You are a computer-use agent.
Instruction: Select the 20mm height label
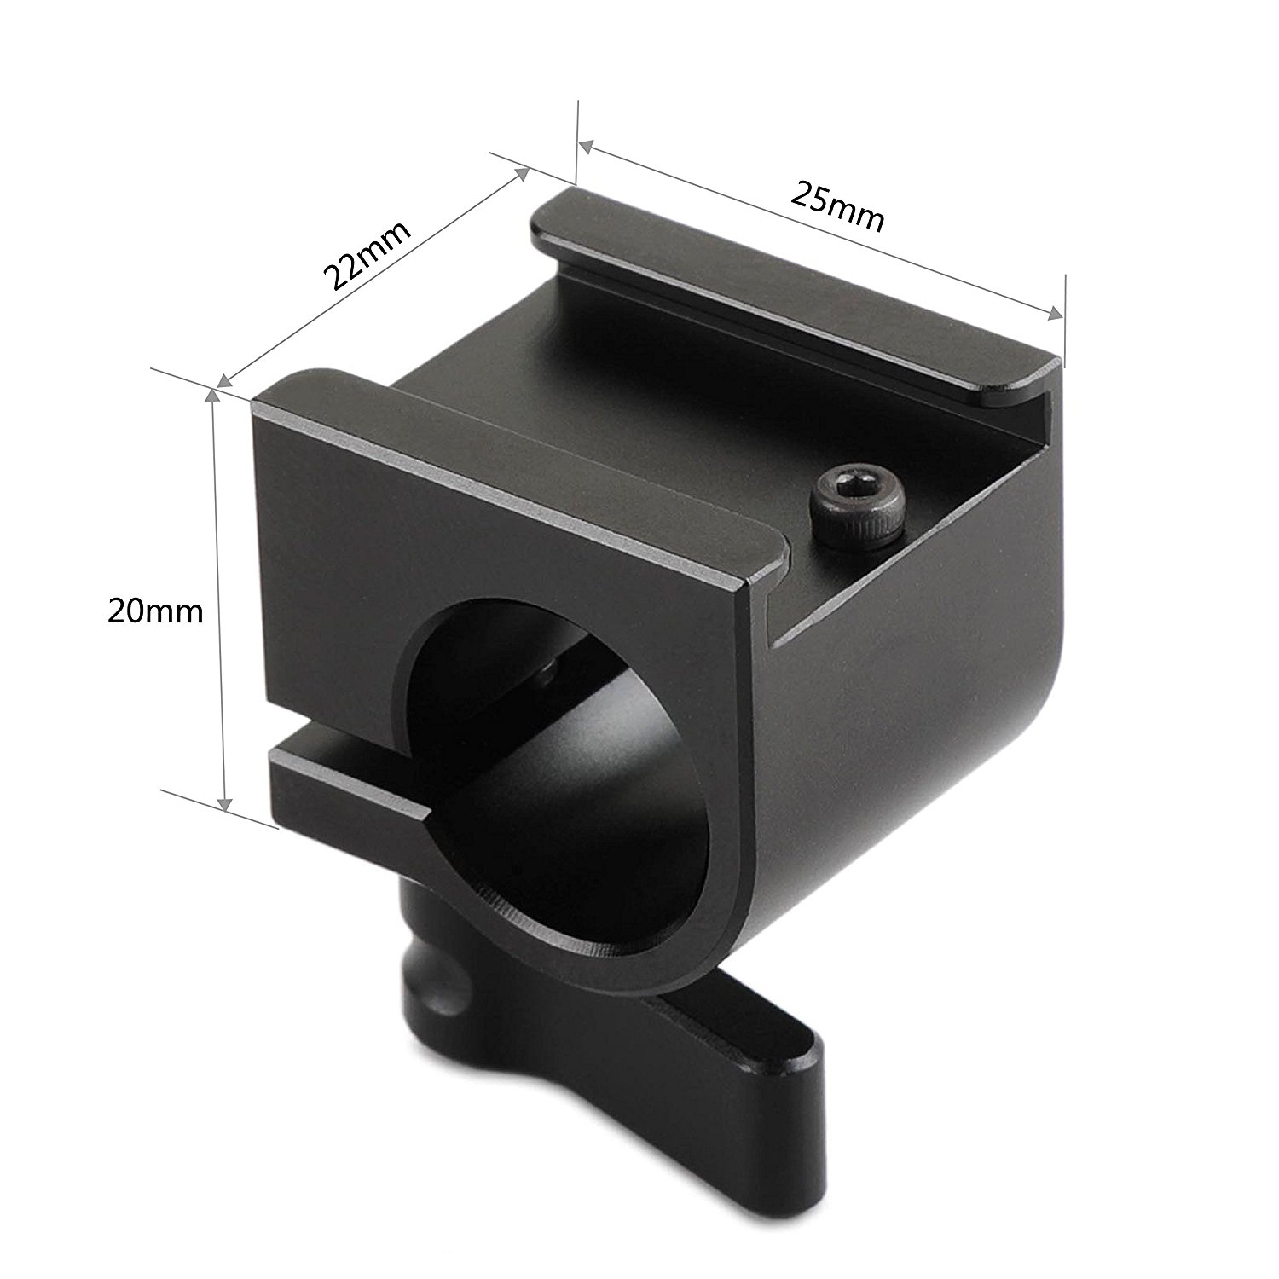click(x=155, y=611)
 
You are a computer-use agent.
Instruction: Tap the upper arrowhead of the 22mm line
click(x=521, y=172)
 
